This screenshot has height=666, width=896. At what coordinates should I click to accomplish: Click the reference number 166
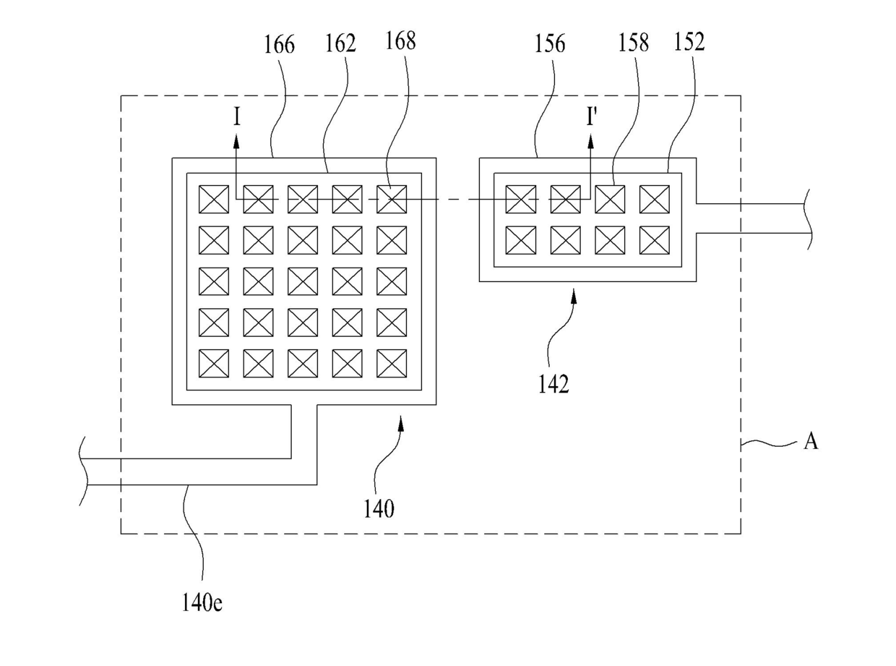tap(279, 45)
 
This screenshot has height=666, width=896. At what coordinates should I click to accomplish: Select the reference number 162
tap(340, 43)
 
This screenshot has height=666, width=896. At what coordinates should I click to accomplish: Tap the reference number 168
tap(400, 40)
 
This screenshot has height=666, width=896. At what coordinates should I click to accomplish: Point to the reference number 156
tap(550, 43)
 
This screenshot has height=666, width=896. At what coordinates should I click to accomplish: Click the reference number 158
tap(634, 43)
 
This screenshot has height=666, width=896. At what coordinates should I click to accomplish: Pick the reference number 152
tap(689, 42)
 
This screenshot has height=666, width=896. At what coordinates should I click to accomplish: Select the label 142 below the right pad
tap(553, 384)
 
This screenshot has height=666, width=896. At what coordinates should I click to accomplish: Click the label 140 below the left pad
tap(379, 508)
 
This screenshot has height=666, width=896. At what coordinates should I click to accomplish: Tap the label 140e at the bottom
tap(202, 602)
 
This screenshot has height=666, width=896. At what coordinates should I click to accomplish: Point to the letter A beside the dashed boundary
tap(811, 441)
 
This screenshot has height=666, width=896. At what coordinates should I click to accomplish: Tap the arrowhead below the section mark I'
tap(590, 142)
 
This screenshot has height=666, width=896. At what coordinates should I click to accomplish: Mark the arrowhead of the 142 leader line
tap(574, 298)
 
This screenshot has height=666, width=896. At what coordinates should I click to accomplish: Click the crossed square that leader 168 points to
tap(392, 199)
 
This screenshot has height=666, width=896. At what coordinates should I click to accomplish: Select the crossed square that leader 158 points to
tap(610, 199)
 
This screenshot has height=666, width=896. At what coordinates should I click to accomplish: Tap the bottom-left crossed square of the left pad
tap(214, 363)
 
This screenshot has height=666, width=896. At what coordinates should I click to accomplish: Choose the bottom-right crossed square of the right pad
tap(655, 240)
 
